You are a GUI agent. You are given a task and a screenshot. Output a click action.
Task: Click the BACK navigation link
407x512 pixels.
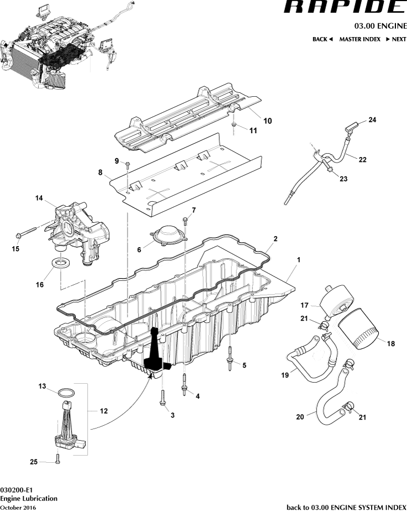point(323,39)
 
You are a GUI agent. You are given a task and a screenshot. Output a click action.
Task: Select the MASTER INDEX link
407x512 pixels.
point(360,39)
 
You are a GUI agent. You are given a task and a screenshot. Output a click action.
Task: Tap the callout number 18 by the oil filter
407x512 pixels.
point(391,343)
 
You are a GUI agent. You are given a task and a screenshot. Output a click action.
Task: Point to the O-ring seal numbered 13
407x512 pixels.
point(66,393)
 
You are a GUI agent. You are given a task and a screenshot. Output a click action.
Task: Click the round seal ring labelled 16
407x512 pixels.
point(61,262)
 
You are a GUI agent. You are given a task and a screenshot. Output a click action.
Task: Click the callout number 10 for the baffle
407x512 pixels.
point(267,121)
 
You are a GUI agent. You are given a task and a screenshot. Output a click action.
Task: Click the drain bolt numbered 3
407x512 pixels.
point(162,399)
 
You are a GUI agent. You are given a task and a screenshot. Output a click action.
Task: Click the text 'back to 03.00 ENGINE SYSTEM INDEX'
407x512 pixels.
point(346,507)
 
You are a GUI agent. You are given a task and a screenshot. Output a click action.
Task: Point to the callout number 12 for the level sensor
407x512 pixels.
point(103,411)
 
